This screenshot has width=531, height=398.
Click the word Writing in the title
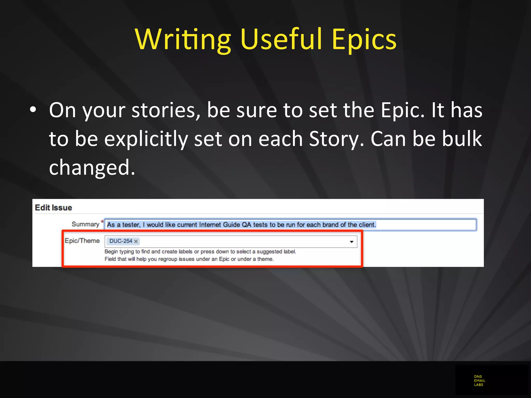[183, 39]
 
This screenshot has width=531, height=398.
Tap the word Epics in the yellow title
[364, 39]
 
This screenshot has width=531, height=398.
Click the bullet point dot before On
[33, 110]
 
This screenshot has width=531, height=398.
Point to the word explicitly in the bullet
[146, 139]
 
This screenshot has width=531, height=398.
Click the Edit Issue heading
[53, 208]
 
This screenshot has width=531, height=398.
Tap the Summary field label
[85, 224]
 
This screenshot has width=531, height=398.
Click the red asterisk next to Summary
[102, 222]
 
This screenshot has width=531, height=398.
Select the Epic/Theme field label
[82, 241]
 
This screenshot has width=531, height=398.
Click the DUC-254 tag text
[121, 241]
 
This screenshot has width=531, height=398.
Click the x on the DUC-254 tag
[136, 241]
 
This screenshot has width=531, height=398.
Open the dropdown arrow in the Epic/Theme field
[352, 241]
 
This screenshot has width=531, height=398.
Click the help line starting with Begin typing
[200, 251]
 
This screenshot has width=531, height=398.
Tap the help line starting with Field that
[189, 259]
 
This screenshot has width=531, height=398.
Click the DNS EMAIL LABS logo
[479, 380]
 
